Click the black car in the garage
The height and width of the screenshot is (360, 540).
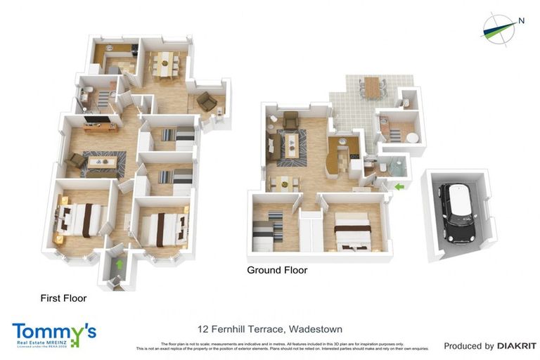[458, 211]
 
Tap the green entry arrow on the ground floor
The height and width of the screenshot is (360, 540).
[399, 186]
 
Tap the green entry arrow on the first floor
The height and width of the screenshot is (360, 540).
[120, 264]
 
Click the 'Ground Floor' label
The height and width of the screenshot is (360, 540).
[277, 270]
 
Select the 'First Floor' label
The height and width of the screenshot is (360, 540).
[63, 298]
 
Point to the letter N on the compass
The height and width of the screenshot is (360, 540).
[521, 20]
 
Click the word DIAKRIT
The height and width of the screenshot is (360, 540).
[517, 346]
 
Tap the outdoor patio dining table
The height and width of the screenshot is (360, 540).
[372, 88]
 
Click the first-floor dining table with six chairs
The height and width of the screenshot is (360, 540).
[167, 63]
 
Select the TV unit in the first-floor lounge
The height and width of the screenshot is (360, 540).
[101, 127]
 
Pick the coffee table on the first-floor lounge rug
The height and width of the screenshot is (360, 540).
[103, 162]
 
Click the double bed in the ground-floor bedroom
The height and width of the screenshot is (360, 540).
[352, 233]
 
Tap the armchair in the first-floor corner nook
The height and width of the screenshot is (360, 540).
[206, 102]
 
